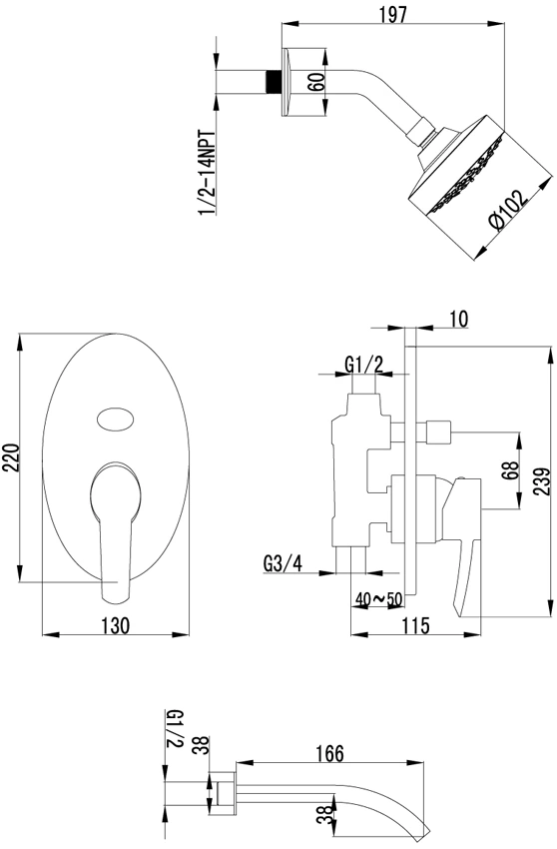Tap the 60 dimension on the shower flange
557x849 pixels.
(x=318, y=82)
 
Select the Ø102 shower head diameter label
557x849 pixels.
(x=508, y=210)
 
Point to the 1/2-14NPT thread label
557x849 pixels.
(x=208, y=173)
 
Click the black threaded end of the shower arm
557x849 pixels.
(x=274, y=82)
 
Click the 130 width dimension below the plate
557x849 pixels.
(x=116, y=625)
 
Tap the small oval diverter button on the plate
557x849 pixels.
(x=117, y=420)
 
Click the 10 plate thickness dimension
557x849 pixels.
(x=458, y=320)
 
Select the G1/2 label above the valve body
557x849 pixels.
(x=363, y=365)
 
